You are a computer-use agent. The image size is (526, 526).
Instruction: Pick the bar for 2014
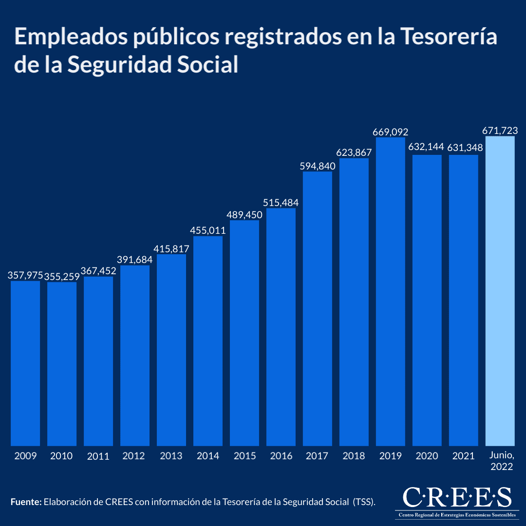pyautogui.click(x=208, y=341)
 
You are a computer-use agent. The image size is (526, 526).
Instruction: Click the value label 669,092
pyautogui.click(x=390, y=132)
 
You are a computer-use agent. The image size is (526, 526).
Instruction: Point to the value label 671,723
pyautogui.click(x=500, y=131)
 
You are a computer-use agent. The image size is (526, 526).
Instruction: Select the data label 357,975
pyautogui.click(x=25, y=276)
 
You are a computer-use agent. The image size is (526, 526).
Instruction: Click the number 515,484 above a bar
pyautogui.click(x=281, y=203)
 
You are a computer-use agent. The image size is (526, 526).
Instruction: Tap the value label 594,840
pyautogui.click(x=318, y=166)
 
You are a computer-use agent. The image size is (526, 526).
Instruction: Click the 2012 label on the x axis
pyautogui.click(x=134, y=456)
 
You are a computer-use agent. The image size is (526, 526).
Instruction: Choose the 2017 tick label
pyautogui.click(x=317, y=456)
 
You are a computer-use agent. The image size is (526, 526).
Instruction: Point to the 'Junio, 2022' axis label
pyautogui.click(x=500, y=461)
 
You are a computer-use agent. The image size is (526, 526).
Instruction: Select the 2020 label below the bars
pyautogui.click(x=427, y=456)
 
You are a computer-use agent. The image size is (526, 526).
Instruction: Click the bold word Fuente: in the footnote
pyautogui.click(x=26, y=502)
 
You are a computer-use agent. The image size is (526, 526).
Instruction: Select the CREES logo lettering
pyautogui.click(x=457, y=497)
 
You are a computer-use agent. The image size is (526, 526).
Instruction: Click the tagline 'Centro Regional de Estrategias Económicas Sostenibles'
pyautogui.click(x=457, y=515)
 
